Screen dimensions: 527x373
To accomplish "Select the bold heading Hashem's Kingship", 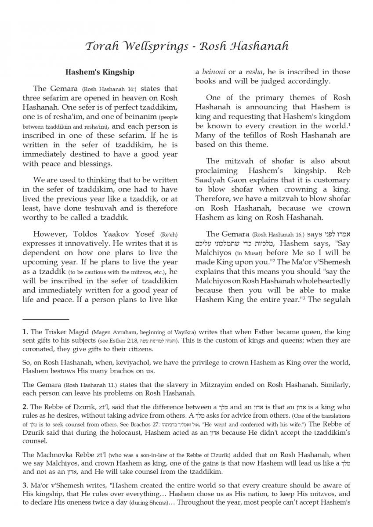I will pos(100,72).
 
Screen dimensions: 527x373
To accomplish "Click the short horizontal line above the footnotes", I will pos(46,320).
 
